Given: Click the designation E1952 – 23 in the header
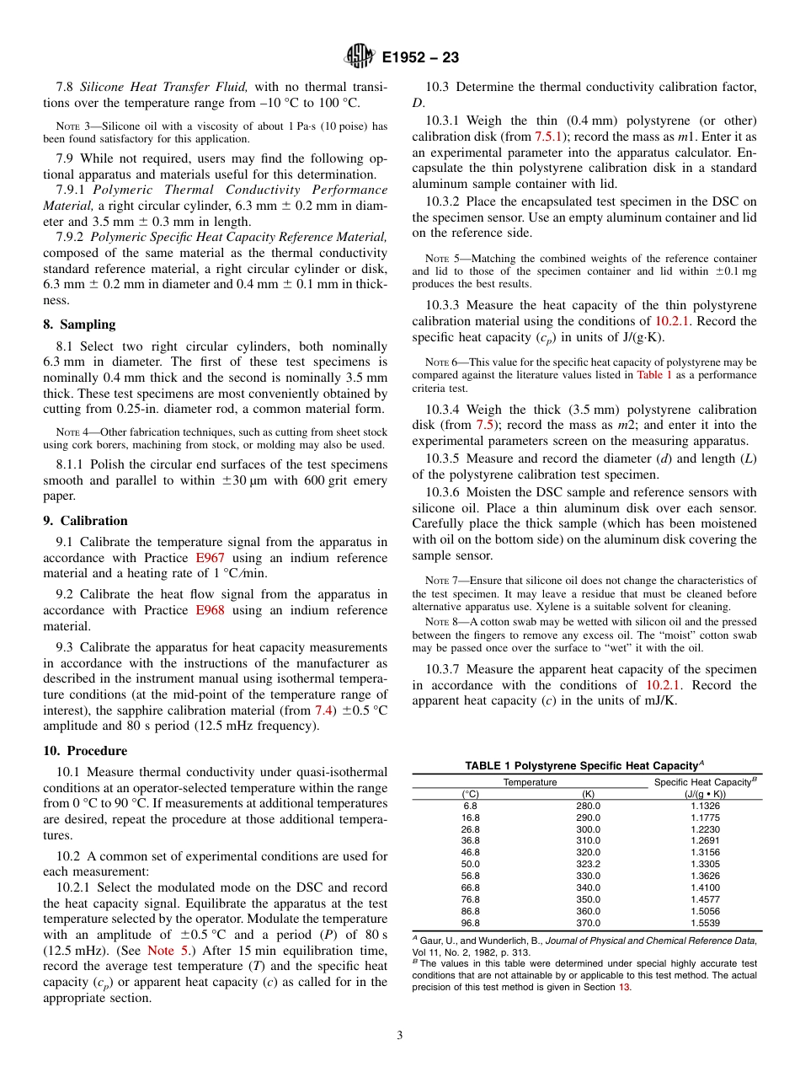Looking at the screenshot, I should tap(420, 58).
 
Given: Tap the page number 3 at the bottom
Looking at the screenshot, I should tap(399, 1035).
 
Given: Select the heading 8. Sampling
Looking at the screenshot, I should tap(79, 324).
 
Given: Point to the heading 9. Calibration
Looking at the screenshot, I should tap(85, 521).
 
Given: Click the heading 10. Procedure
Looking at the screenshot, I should tap(85, 751).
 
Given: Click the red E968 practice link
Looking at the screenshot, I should tap(210, 610).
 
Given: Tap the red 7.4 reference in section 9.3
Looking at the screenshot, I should tap(323, 710).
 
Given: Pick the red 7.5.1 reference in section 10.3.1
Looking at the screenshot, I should tap(549, 136).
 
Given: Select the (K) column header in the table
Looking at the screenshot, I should tap(589, 794).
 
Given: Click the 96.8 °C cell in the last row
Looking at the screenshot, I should tap(471, 923).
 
